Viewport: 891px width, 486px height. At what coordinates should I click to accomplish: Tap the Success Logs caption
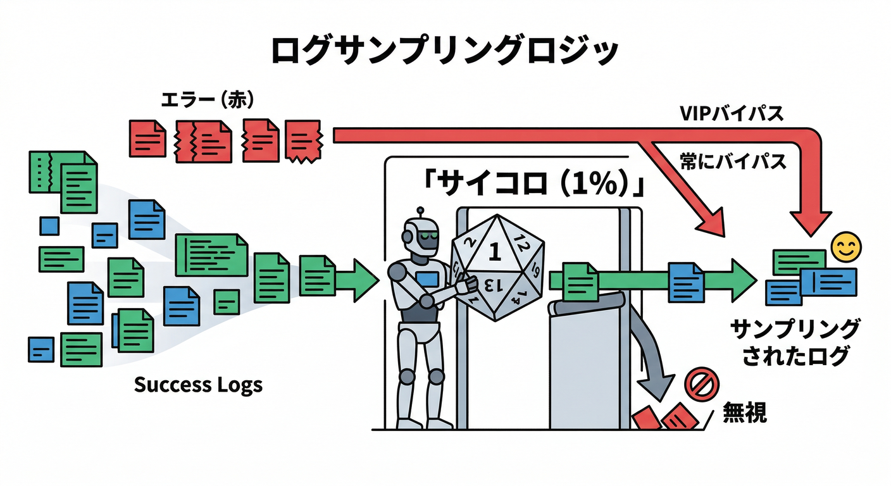198,384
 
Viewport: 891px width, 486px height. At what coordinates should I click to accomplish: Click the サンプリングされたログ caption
795,342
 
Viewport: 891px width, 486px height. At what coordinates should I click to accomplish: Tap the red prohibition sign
700,385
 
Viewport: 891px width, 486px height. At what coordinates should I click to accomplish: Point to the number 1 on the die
495,254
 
